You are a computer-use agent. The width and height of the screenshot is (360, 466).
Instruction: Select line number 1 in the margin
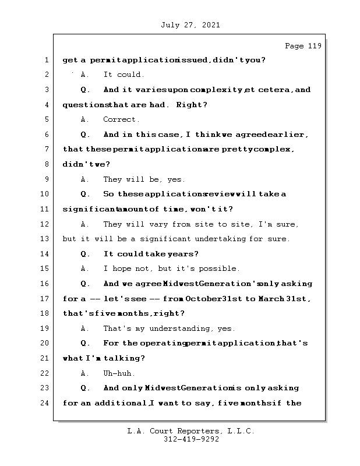pos(46,60)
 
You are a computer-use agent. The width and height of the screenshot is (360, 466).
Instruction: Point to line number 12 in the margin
pos(44,224)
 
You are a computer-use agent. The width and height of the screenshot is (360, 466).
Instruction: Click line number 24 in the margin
pos(44,403)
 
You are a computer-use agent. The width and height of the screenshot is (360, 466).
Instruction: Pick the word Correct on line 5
pos(121,120)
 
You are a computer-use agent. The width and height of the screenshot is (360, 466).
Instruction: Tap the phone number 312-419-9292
pos(192,440)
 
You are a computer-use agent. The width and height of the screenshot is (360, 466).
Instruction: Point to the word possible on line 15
pos(220,269)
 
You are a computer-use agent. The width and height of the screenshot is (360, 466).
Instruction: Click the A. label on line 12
pos(85,224)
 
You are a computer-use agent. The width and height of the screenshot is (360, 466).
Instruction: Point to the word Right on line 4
pos(192,105)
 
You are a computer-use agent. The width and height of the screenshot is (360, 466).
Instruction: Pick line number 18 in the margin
pos(44,313)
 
